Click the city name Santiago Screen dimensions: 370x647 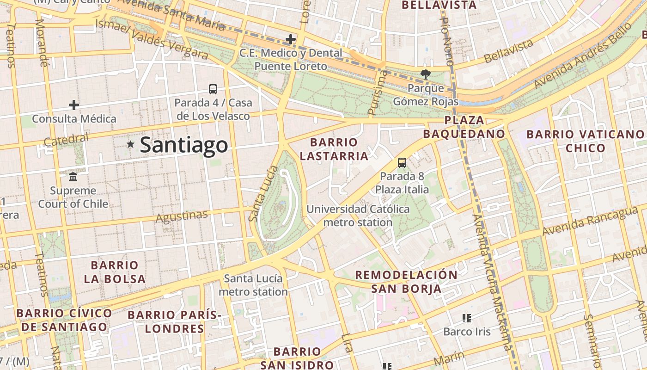[183, 145]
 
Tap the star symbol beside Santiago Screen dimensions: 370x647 [131, 145]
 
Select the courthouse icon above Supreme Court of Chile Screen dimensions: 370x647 [73, 177]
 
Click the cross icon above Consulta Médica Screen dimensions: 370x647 [73, 105]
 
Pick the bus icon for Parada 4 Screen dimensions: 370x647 [213, 89]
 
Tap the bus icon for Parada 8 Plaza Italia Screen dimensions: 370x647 [402, 163]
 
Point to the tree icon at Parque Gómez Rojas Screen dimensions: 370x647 [425, 74]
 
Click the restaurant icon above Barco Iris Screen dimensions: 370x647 [467, 318]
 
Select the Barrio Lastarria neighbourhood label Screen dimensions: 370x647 [334, 149]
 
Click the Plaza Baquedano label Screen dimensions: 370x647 [464, 127]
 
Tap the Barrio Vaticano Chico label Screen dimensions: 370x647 [585, 141]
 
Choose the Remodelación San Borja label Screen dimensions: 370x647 [406, 282]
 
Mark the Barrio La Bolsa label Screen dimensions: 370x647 [115, 272]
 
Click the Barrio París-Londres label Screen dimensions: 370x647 [174, 322]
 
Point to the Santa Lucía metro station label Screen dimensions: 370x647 [253, 285]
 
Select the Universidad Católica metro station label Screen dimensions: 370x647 [358, 216]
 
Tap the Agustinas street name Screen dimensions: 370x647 [182, 216]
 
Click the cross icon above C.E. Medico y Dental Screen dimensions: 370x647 [290, 39]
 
